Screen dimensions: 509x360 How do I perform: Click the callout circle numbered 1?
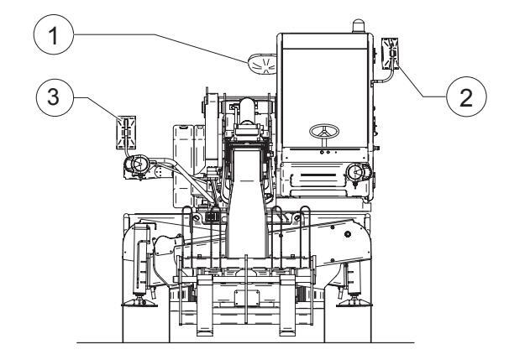(x=54, y=34)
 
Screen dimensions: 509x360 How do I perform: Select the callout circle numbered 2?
(x=466, y=97)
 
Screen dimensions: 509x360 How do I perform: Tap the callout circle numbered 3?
(x=54, y=97)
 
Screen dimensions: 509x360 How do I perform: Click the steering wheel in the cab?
(x=324, y=132)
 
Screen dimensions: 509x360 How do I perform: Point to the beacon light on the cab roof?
(x=359, y=26)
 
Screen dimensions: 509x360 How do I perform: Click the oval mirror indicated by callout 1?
(x=262, y=64)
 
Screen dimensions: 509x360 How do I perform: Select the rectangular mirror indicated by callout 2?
(x=390, y=54)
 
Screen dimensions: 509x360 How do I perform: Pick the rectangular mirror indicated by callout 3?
(x=126, y=133)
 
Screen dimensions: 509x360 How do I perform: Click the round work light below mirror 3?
(x=137, y=164)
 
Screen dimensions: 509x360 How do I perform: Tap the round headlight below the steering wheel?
(x=358, y=172)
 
